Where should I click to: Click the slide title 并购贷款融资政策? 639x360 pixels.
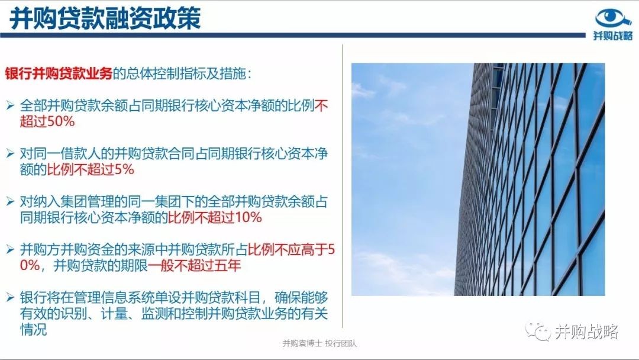pyautogui.click(x=105, y=18)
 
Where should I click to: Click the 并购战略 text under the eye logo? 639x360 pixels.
pyautogui.click(x=613, y=36)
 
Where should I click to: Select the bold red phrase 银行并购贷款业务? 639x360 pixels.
pyautogui.click(x=59, y=73)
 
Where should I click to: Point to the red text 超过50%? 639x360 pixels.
pyautogui.click(x=47, y=121)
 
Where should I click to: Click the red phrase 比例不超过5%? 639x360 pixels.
pyautogui.click(x=91, y=169)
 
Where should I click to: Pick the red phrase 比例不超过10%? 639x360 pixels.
pyautogui.click(x=215, y=217)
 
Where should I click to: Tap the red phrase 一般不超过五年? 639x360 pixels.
pyautogui.click(x=195, y=265)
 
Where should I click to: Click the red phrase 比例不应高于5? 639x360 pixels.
pyautogui.click(x=291, y=249)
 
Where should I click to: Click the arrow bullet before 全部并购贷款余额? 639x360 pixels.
pyautogui.click(x=11, y=105)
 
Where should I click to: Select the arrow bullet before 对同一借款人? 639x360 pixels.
pyautogui.click(x=11, y=154)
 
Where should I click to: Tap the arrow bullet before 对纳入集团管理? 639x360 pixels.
pyautogui.click(x=11, y=201)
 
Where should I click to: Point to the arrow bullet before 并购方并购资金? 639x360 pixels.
pyautogui.click(x=11, y=249)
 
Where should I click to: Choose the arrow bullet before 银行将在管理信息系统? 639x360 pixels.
pyautogui.click(x=11, y=297)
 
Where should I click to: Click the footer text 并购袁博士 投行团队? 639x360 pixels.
pyautogui.click(x=319, y=343)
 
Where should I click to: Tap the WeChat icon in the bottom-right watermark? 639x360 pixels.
pyautogui.click(x=537, y=332)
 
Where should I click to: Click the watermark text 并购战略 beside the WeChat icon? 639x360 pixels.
pyautogui.click(x=587, y=332)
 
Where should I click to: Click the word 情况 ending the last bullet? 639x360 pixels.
pyautogui.click(x=33, y=329)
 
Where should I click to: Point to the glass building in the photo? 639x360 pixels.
pyautogui.click(x=530, y=179)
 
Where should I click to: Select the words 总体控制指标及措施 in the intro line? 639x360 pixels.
pyautogui.click(x=185, y=73)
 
